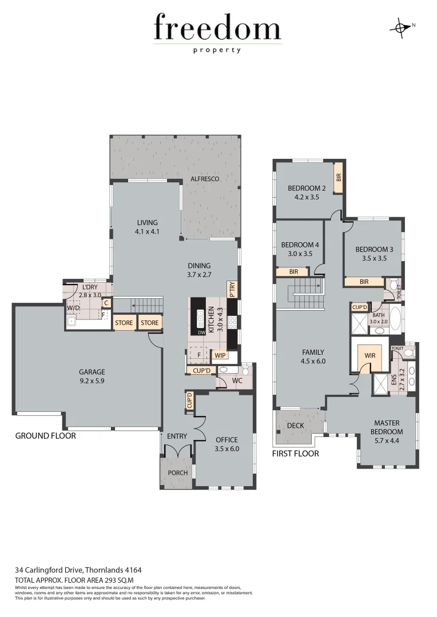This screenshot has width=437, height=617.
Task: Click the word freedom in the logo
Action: pyautogui.click(x=217, y=29)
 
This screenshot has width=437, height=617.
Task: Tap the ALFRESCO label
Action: pyautogui.click(x=205, y=179)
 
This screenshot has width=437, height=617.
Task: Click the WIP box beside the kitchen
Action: pyautogui.click(x=220, y=355)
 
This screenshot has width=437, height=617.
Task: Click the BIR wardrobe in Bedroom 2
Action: pyautogui.click(x=338, y=178)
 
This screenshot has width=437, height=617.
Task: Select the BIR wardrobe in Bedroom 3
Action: pyautogui.click(x=364, y=282)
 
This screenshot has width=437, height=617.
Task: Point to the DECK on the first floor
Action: pyautogui.click(x=296, y=425)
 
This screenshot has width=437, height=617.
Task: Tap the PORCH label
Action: pyautogui.click(x=177, y=473)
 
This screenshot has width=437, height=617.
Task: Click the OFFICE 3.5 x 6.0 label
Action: pyautogui.click(x=226, y=444)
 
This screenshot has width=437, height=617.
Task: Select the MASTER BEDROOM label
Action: pyautogui.click(x=387, y=427)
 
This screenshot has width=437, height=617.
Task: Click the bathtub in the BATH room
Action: pyautogui.click(x=396, y=318)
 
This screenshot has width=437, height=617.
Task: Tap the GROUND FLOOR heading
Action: pyautogui.click(x=45, y=436)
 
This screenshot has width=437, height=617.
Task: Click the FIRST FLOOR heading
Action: pyautogui.click(x=296, y=454)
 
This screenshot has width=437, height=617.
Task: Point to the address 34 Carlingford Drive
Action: pyautogui.click(x=78, y=570)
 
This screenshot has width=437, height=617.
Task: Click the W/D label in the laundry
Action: pyautogui.click(x=73, y=308)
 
